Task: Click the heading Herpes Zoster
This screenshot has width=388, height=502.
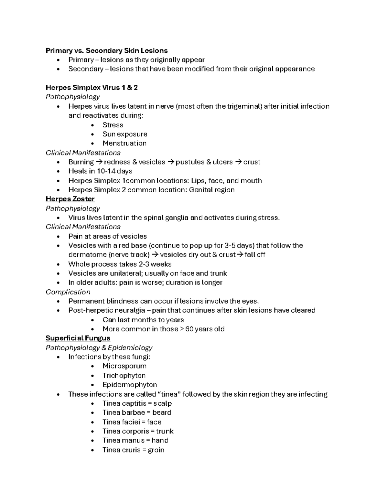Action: tap(70, 199)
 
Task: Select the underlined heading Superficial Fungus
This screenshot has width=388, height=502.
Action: tap(78, 338)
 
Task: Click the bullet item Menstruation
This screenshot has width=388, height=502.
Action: tap(124, 143)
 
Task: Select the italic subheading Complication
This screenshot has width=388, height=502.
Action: tap(68, 292)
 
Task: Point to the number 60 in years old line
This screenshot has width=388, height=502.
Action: tap(189, 329)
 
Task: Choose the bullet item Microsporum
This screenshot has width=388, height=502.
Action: tap(124, 366)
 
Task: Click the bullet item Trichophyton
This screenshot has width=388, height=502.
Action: tap(124, 376)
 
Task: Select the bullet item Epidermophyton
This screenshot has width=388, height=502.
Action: tap(130, 385)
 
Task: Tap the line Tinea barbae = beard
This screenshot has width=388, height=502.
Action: tap(137, 412)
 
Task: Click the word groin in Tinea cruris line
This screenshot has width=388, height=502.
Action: tap(156, 450)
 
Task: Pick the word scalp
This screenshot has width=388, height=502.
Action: tap(162, 403)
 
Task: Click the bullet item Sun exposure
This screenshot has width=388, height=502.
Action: tap(125, 134)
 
